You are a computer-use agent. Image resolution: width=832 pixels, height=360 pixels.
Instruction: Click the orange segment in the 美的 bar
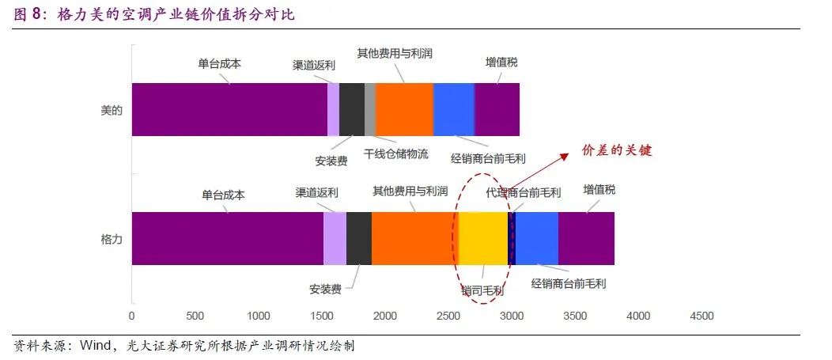404,109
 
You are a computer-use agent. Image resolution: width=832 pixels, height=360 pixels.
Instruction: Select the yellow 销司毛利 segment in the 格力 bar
483,238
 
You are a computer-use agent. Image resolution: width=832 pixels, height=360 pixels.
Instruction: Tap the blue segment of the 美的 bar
454,109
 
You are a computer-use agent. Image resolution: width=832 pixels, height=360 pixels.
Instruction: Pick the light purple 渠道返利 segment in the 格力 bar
335,238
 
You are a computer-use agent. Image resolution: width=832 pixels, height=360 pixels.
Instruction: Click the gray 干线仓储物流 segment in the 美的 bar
370,109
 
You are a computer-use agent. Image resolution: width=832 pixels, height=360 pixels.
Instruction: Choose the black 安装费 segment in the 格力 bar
359,238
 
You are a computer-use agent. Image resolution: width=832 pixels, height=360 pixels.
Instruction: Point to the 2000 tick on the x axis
385,316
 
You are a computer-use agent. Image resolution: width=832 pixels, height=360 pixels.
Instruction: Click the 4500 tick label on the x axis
702,316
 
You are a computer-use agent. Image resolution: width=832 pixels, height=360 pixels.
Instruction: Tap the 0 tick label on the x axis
132,316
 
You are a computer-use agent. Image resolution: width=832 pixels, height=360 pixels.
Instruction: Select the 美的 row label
112,110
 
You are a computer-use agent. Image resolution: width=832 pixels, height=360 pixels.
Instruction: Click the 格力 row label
112,238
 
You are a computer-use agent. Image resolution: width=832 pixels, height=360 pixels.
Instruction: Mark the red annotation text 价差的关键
617,150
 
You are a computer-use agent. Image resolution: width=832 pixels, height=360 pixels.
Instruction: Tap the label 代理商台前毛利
524,192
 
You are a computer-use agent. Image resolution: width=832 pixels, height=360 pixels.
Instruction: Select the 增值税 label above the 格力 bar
599,190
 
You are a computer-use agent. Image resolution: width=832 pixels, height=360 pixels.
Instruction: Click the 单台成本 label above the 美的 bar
219,64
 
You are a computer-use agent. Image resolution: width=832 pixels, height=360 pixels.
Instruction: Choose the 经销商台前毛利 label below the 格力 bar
569,282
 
